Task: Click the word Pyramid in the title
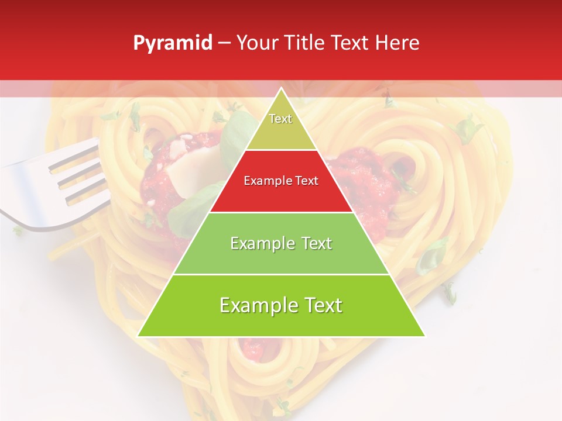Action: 173,43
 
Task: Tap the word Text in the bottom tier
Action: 321,306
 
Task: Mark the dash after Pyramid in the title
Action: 224,43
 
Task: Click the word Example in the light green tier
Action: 259,244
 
